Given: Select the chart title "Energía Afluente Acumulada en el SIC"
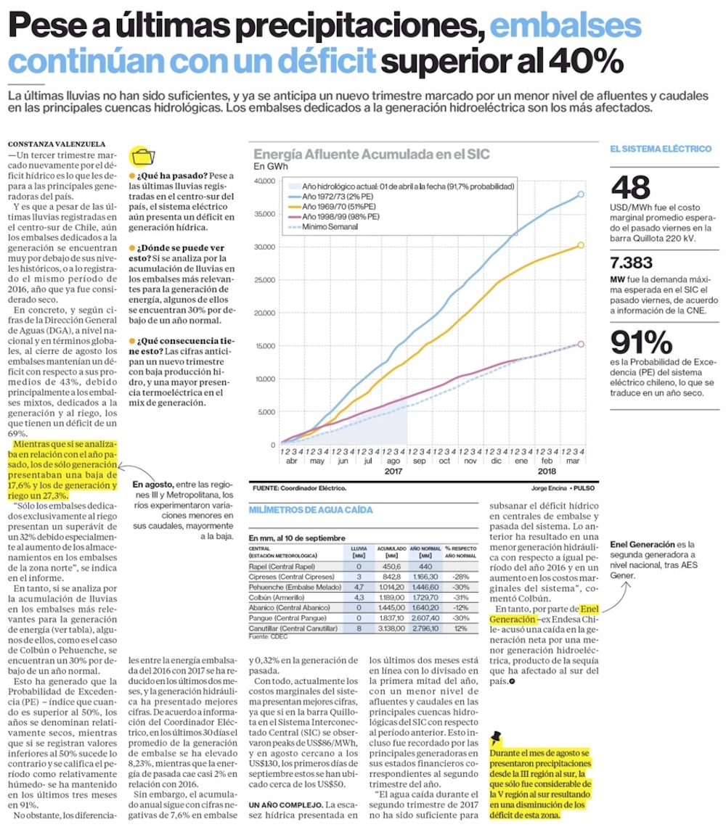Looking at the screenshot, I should (371, 153).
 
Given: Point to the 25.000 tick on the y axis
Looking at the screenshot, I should (264, 280).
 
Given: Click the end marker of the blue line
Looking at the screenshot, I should (581, 194).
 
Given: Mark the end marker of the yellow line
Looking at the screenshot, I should (581, 245).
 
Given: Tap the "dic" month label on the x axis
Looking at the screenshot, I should (497, 461).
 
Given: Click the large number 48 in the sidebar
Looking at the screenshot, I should (630, 188).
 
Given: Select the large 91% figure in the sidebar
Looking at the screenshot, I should (641, 344).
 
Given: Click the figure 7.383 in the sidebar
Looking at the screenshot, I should (632, 263).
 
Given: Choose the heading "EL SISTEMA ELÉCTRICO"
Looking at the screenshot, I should (661, 149).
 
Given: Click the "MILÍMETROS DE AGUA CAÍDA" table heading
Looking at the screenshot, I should (311, 510).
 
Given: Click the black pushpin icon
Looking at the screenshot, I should (497, 738).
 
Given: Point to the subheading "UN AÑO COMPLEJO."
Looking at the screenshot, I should (285, 805).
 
